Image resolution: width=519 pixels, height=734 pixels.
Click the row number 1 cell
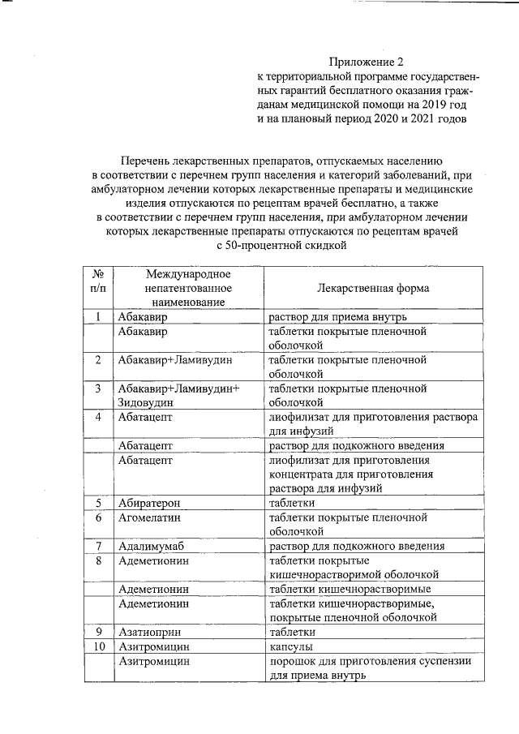tap(97, 316)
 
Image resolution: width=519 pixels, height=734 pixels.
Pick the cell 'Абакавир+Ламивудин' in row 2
tap(165, 359)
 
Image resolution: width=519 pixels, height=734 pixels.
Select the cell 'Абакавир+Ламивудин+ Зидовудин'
tap(178, 395)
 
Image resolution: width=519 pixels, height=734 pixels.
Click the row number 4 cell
tap(97, 417)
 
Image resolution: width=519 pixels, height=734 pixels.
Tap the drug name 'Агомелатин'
tap(148, 517)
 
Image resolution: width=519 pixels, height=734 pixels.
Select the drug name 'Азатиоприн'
tap(148, 631)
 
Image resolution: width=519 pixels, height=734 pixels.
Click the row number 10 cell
tap(98, 646)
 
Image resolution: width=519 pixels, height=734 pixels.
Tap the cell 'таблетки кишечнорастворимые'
tap(349, 588)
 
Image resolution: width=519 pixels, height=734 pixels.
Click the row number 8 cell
tap(97, 560)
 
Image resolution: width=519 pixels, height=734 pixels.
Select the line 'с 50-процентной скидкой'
tap(276, 246)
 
